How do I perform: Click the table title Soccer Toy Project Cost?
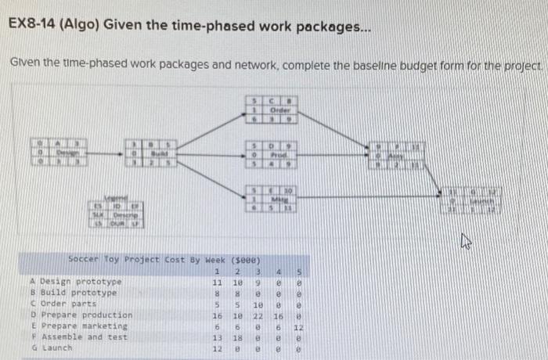pyautogui.click(x=164, y=258)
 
